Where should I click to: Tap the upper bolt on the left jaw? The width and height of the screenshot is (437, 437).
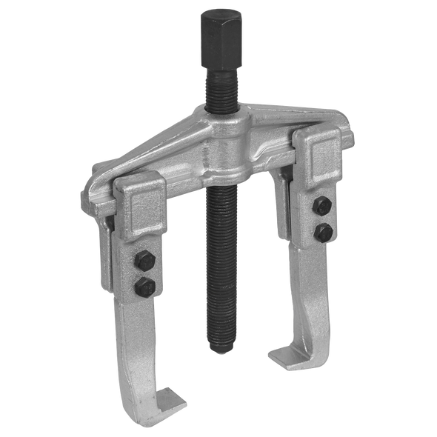pos(144,261)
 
